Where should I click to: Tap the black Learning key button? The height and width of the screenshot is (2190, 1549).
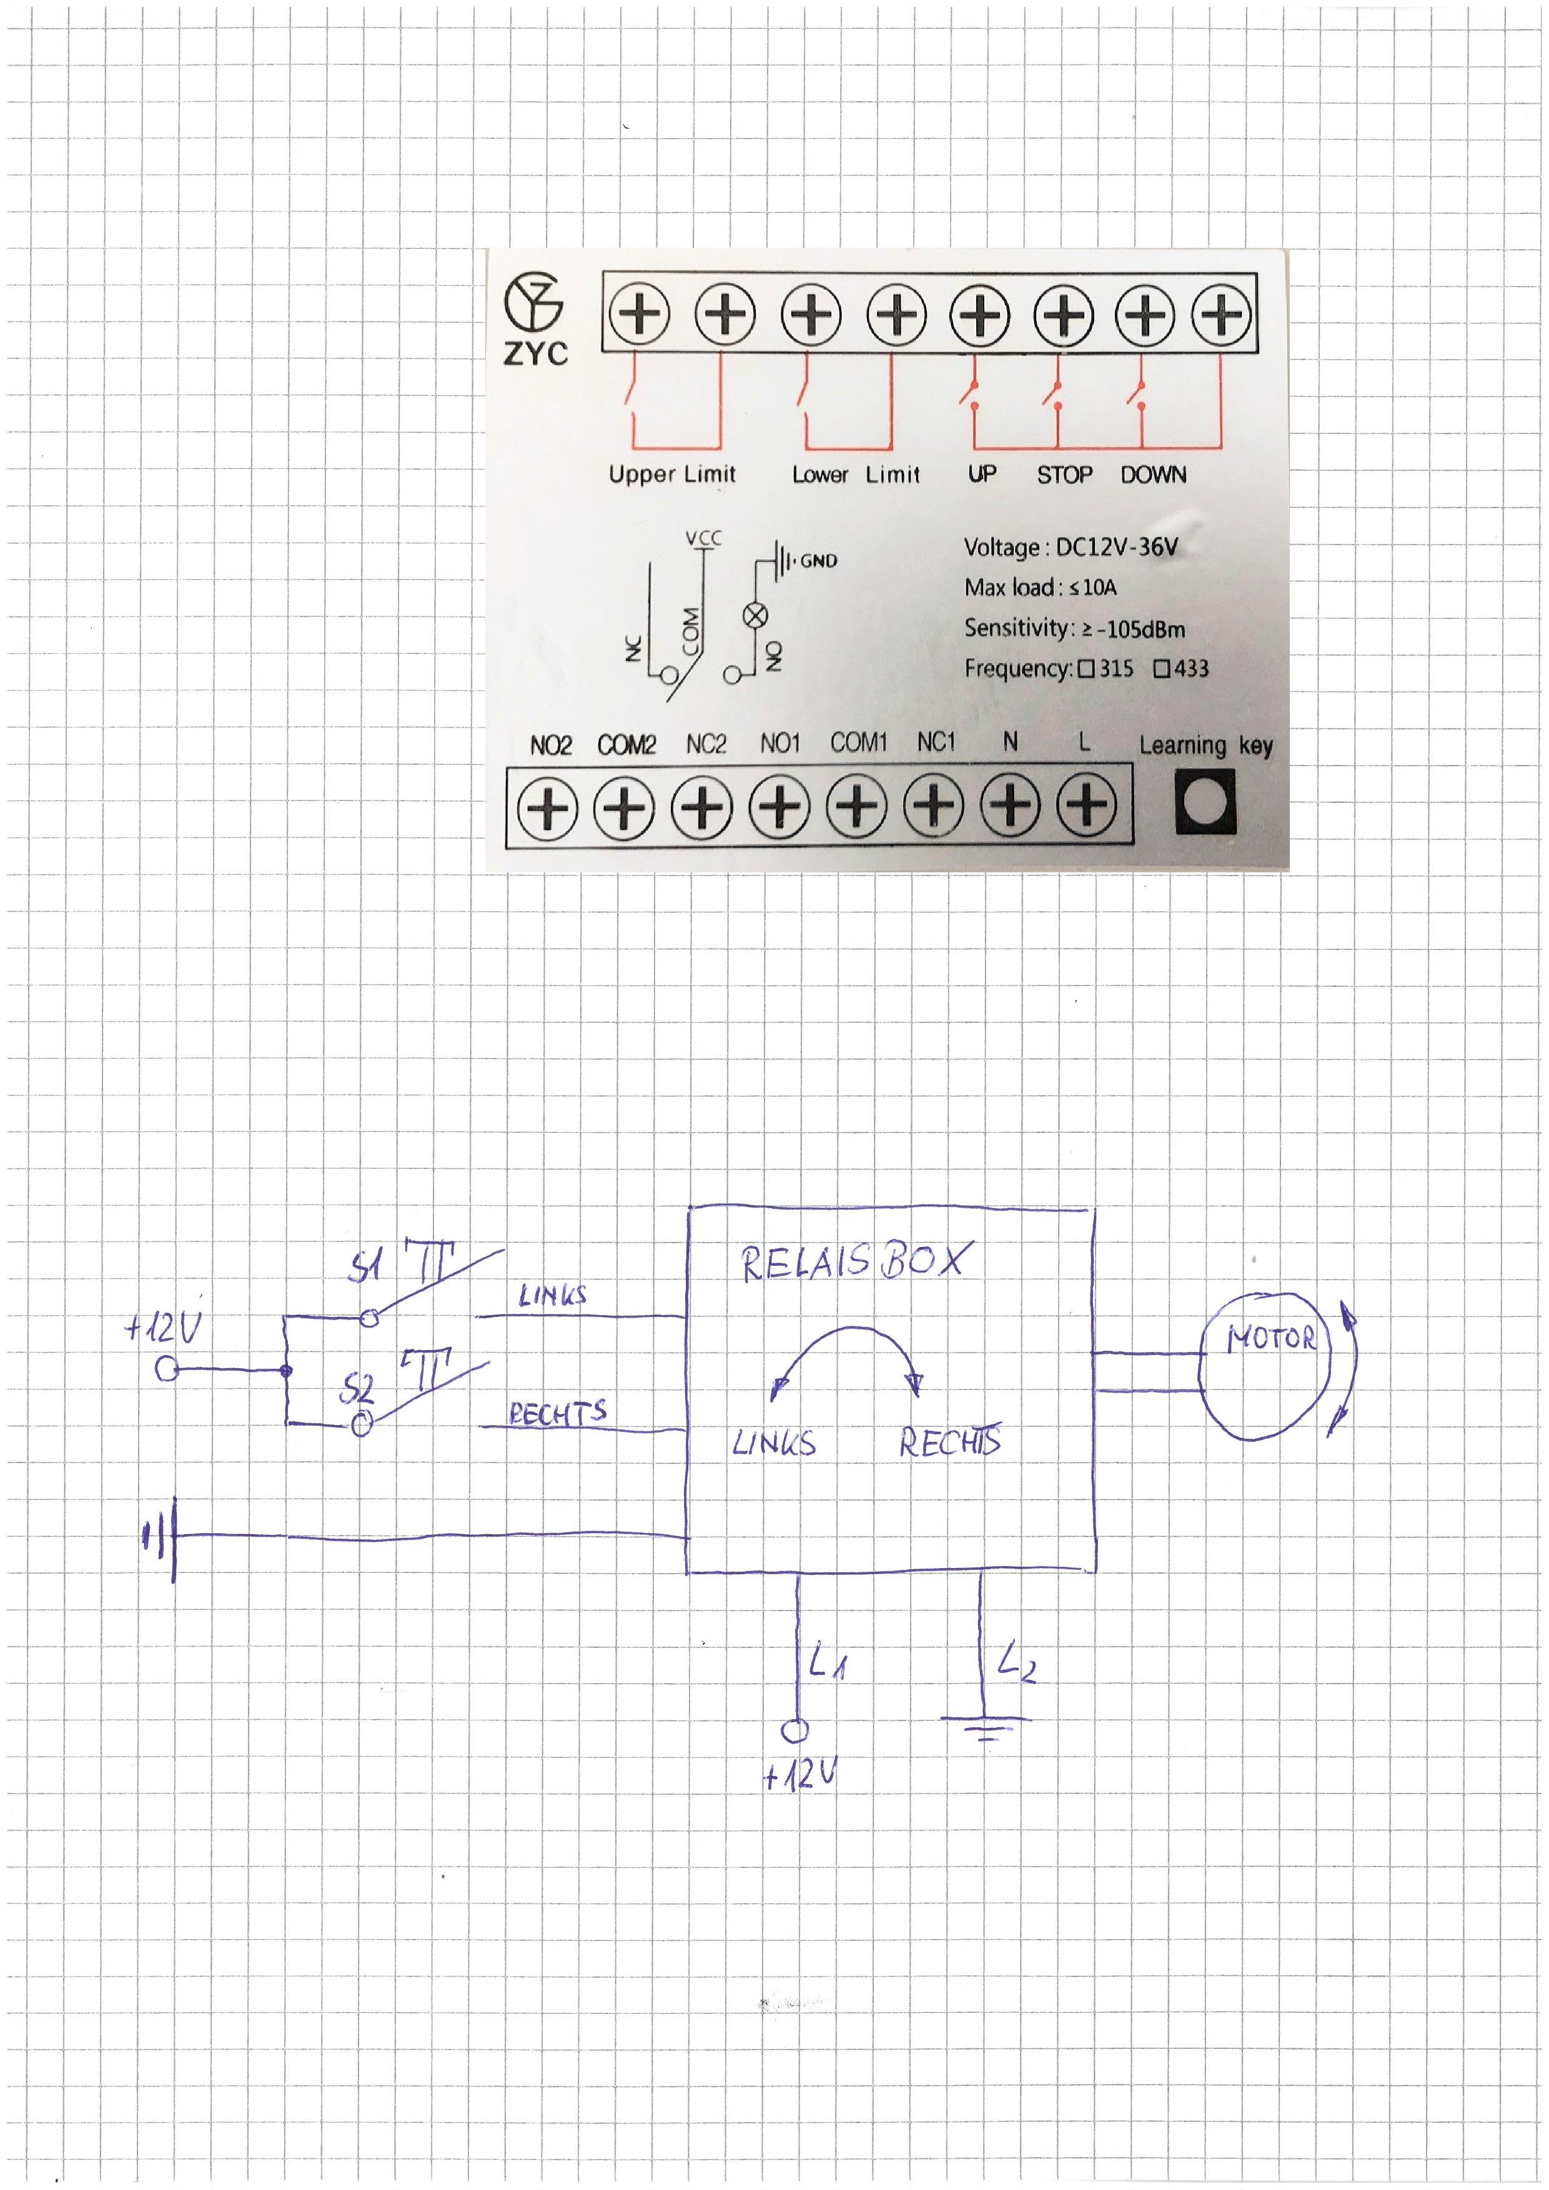pyautogui.click(x=1205, y=802)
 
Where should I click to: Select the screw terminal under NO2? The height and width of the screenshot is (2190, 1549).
pyautogui.click(x=548, y=809)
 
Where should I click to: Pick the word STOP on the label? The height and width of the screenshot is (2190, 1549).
pyautogui.click(x=1064, y=474)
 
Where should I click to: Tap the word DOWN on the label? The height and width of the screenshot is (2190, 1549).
pyautogui.click(x=1153, y=474)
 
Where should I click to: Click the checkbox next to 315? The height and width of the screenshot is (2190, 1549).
pyautogui.click(x=1086, y=669)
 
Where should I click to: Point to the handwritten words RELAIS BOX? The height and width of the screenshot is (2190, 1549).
pyautogui.click(x=854, y=1261)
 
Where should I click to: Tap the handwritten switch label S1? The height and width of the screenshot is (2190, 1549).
pyautogui.click(x=365, y=1268)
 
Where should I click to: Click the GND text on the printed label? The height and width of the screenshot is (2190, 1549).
pyautogui.click(x=818, y=561)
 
